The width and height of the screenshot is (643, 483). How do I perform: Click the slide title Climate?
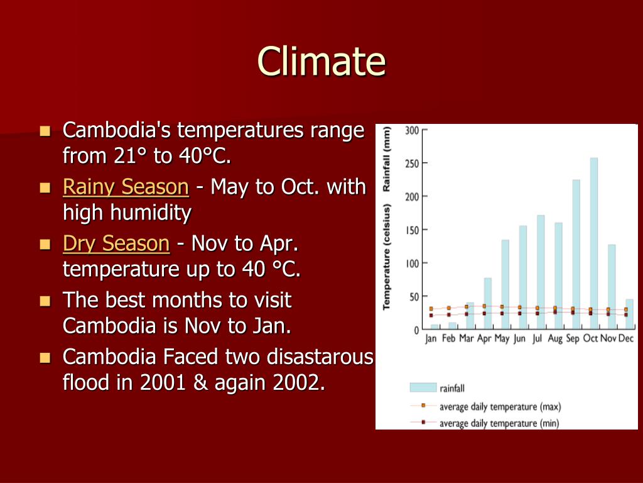[x=321, y=61]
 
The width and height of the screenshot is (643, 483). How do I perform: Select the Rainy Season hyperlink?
[x=126, y=187]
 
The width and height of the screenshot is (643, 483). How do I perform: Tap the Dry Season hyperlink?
[x=116, y=243]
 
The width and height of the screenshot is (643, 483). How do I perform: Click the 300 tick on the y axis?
[x=412, y=130]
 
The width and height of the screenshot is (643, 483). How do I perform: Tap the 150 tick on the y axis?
[x=412, y=230]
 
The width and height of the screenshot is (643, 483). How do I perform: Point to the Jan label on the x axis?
[x=431, y=338]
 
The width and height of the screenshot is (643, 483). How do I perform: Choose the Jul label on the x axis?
[x=537, y=338]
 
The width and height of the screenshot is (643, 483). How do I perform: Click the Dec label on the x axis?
[x=625, y=338]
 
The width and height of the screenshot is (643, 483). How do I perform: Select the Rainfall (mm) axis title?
[x=387, y=158]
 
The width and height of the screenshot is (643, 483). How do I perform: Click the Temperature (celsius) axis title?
[x=387, y=257]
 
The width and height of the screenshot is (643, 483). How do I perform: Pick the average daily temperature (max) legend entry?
[x=500, y=406]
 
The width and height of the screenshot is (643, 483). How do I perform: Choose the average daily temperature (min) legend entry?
[x=499, y=423]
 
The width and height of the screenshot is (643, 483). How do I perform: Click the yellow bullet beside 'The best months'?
[x=45, y=301]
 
